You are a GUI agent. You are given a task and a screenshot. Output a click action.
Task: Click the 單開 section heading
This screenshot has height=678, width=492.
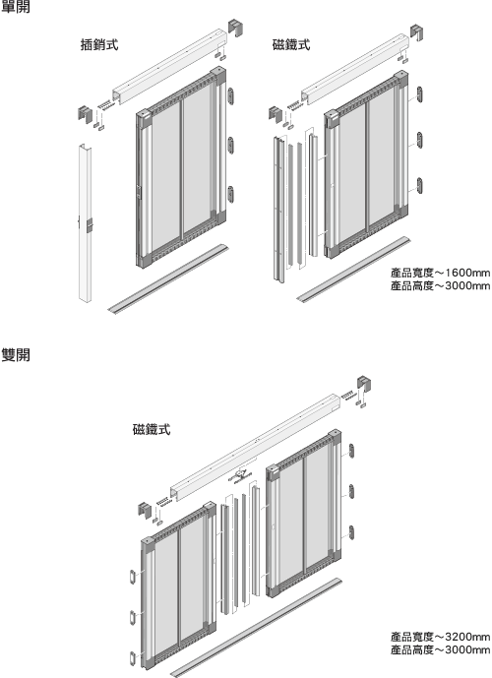[16, 7]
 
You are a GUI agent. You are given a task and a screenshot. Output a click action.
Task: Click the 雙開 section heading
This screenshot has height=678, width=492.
[16, 355]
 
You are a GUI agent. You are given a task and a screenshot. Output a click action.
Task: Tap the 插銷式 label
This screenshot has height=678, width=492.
[99, 44]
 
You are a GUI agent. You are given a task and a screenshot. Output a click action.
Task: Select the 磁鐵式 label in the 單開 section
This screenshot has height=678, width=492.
[291, 44]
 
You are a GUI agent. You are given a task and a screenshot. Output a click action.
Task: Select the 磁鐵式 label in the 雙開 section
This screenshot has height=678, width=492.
[152, 429]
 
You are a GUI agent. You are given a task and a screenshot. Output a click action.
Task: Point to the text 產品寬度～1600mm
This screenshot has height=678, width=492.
[440, 273]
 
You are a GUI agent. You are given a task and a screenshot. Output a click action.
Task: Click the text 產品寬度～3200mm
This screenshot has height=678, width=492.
[440, 637]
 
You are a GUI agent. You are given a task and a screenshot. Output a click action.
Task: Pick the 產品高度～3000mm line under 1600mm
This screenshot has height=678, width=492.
[440, 285]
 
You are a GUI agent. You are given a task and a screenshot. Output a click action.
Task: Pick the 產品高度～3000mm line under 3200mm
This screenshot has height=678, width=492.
[440, 649]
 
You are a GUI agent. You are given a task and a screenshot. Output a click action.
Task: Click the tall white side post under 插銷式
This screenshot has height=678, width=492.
[85, 222]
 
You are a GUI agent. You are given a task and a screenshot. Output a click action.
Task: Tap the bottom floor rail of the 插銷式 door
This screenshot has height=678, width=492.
[168, 278]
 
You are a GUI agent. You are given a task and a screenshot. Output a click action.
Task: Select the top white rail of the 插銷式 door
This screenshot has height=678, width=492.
[170, 66]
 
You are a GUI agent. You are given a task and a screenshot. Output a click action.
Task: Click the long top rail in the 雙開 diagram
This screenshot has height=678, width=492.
[255, 446]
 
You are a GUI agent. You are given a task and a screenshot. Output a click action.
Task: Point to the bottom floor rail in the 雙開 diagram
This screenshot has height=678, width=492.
[256, 627]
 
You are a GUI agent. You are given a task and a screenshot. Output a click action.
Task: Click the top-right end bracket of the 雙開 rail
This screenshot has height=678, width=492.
[364, 385]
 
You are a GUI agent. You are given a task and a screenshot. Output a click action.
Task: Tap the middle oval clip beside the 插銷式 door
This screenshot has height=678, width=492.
[231, 145]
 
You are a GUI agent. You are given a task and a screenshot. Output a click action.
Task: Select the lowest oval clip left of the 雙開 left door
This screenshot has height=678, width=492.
[133, 658]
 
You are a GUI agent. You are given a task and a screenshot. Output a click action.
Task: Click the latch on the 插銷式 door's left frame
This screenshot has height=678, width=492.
[139, 192]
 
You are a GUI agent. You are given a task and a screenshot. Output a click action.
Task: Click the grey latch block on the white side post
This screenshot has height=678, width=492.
[90, 225]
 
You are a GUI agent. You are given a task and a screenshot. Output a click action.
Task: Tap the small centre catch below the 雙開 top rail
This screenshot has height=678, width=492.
[240, 475]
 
